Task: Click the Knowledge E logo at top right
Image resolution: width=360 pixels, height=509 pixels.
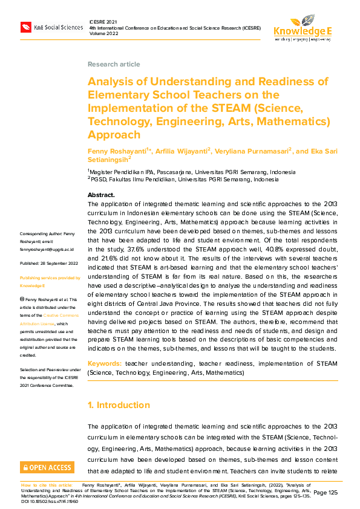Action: pyautogui.click(x=302, y=28)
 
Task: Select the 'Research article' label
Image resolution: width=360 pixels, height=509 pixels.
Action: pyautogui.click(x=114, y=64)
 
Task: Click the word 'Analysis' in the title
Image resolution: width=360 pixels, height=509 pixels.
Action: pyautogui.click(x=111, y=82)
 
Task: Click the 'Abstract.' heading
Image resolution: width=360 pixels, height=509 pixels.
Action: pyautogui.click(x=101, y=195)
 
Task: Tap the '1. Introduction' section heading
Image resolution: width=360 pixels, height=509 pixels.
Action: pyautogui.click(x=119, y=405)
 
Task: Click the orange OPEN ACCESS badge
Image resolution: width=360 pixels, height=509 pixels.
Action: pyautogui.click(x=47, y=467)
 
